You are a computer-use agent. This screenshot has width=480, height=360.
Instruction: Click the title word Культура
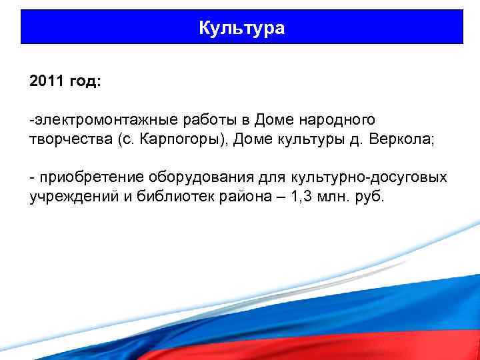point(241,28)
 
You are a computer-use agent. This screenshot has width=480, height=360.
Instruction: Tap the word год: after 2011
point(85,81)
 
